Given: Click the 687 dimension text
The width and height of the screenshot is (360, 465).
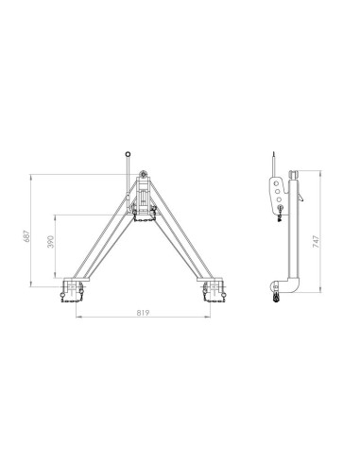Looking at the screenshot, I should (x=27, y=230).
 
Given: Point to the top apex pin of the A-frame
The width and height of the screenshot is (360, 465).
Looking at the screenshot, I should (x=142, y=173).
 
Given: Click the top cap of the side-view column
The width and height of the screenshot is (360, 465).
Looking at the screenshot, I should (x=296, y=171).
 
